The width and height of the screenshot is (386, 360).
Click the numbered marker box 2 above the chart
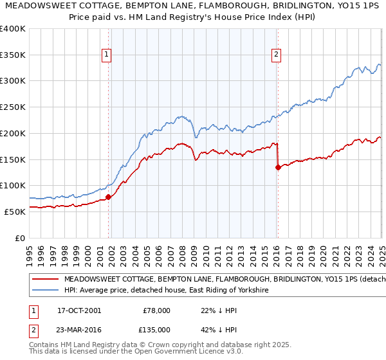[x=275, y=55]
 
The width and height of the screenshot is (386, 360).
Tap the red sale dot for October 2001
[x=108, y=197]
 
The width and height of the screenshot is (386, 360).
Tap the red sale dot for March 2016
[x=278, y=167]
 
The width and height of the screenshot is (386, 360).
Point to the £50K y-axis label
[x=15, y=212]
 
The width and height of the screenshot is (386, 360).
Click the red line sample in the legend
[x=45, y=280]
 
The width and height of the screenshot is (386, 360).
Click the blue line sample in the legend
[x=45, y=291]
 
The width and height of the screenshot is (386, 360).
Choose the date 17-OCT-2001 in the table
[x=79, y=310]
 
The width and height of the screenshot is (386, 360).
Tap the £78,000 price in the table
[x=156, y=310]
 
